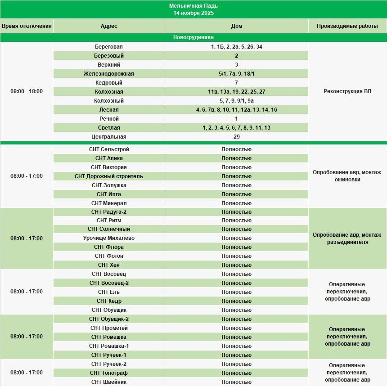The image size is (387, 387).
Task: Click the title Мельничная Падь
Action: coord(193,6)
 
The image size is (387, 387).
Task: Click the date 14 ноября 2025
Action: coord(193,13)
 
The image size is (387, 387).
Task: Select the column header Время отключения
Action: coord(27,26)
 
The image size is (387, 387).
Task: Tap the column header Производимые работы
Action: coord(347,26)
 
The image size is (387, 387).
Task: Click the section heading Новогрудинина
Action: coord(193,37)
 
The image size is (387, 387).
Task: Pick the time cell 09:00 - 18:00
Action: coord(27,91)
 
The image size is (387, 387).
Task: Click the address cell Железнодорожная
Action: coord(108,74)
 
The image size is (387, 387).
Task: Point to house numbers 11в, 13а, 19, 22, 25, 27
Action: coord(236,92)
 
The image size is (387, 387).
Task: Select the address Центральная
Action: coord(108,137)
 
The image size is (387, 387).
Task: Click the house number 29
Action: coord(236,137)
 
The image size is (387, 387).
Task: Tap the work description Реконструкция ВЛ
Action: coord(347,91)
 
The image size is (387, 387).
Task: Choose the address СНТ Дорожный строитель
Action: coord(108,176)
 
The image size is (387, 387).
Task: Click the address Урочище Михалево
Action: coord(108,238)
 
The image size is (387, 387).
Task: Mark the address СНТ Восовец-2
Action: coord(108,283)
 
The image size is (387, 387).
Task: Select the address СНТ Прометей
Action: coord(108,328)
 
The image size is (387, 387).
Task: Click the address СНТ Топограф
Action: coord(108,373)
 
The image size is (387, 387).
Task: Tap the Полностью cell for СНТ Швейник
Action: coord(236,382)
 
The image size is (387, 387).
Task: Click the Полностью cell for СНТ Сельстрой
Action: coord(236,149)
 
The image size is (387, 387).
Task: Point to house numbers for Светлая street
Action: coord(236,128)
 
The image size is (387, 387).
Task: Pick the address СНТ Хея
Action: coord(108,265)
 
